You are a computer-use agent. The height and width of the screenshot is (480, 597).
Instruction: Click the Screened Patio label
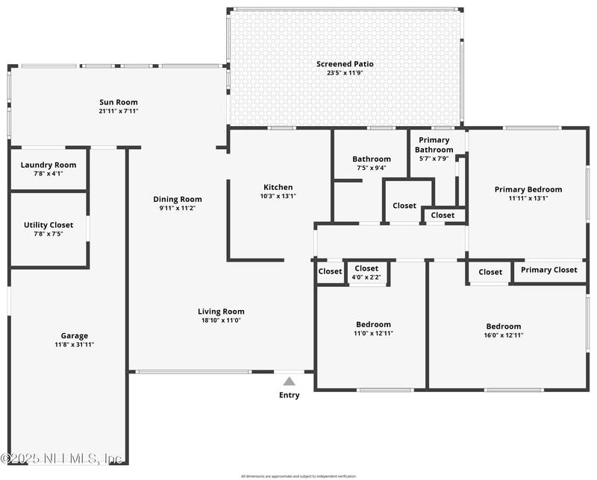[345, 64]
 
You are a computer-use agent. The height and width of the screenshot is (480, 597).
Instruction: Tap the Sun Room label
[119, 102]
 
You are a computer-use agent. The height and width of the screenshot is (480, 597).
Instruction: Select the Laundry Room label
[49, 165]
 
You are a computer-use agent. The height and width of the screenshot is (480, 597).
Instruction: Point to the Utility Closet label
[49, 224]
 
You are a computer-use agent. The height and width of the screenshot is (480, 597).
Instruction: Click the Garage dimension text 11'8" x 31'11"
[74, 344]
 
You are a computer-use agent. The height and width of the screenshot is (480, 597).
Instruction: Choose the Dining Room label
[178, 199]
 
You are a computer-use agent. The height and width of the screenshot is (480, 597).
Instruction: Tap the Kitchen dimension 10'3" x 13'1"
[278, 196]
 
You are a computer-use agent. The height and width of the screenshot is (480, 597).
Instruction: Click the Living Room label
[221, 312]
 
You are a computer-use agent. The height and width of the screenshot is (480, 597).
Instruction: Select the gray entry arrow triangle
[289, 381]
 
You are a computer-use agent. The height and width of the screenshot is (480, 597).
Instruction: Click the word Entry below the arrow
[289, 395]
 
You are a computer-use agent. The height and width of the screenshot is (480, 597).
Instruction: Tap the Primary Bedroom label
[528, 189]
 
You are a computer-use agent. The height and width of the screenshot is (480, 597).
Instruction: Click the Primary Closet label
[548, 270]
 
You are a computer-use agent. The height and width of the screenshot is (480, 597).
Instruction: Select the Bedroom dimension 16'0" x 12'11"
[504, 335]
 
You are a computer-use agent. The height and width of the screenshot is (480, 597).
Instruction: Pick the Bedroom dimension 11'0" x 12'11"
[372, 333]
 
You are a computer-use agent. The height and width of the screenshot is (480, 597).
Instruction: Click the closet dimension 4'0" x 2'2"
[366, 277]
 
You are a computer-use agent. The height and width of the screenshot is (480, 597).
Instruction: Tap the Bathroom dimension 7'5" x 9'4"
[372, 168]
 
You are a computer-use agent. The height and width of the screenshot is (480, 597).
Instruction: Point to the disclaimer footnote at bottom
[298, 476]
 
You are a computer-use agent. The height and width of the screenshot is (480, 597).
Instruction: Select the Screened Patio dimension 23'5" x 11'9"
[345, 73]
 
